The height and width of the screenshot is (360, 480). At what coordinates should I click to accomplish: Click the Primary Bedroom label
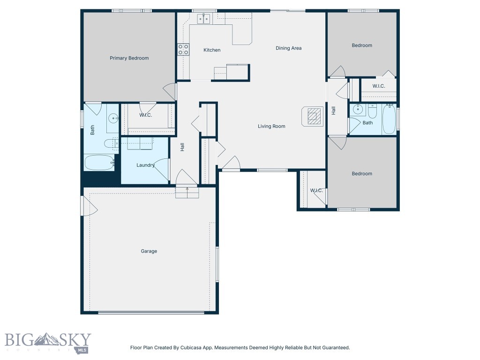(x=129, y=58)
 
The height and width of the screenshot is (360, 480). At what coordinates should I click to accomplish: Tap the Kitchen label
(x=211, y=50)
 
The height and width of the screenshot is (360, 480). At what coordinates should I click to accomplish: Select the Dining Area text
(x=288, y=48)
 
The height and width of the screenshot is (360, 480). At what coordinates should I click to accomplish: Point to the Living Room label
(x=271, y=126)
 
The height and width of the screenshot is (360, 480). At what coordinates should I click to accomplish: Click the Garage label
(x=149, y=251)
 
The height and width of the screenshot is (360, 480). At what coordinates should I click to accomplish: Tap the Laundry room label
(x=145, y=165)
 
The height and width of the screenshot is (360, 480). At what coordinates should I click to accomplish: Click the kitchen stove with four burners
(x=183, y=50)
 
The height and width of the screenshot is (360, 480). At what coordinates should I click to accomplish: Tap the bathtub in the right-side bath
(x=389, y=120)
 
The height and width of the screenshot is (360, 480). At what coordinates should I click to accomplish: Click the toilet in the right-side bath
(x=372, y=112)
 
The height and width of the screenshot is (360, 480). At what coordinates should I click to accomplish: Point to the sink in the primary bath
(x=113, y=119)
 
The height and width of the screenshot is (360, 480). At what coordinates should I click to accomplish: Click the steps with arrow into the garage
(x=187, y=192)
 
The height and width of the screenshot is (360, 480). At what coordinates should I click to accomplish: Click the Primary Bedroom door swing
(x=170, y=91)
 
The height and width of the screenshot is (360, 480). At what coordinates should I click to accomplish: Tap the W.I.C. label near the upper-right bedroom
(x=379, y=86)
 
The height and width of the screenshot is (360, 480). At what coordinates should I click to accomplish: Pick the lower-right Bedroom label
(x=362, y=173)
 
